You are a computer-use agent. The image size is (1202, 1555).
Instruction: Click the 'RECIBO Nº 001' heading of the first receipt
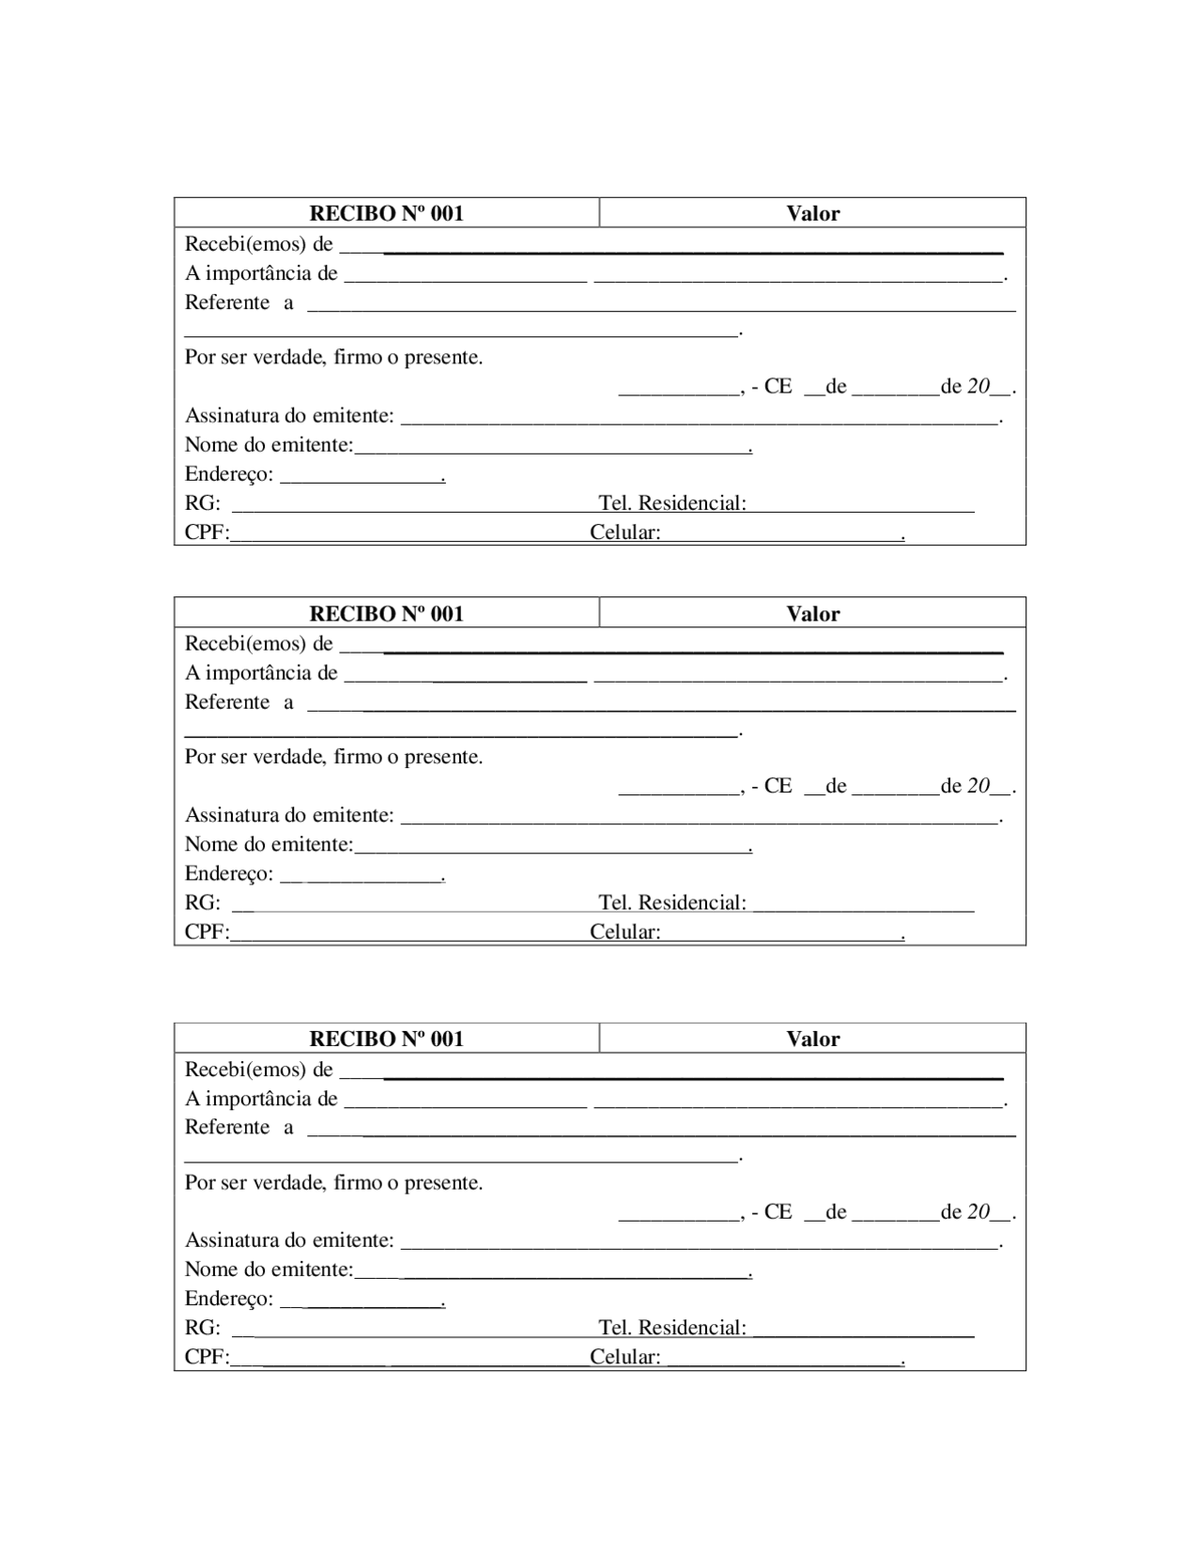pyautogui.click(x=386, y=213)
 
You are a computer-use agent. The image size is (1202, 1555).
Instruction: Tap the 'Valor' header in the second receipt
pyautogui.click(x=813, y=614)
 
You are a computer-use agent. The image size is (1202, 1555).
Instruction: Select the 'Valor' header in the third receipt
pyautogui.click(x=813, y=1039)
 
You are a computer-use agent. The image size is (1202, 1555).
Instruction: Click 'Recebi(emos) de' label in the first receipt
pyautogui.click(x=258, y=244)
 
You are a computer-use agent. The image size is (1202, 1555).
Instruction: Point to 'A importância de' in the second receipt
pyautogui.click(x=261, y=672)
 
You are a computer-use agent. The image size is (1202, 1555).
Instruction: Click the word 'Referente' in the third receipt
pyautogui.click(x=227, y=1127)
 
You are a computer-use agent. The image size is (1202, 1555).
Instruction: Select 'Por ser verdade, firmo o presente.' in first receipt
pyautogui.click(x=333, y=357)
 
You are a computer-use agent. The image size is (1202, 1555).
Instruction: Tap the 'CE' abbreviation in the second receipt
pyautogui.click(x=778, y=786)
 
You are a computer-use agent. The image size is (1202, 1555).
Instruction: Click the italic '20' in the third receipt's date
pyautogui.click(x=979, y=1211)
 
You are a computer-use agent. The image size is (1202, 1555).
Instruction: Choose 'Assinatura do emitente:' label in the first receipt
pyautogui.click(x=289, y=415)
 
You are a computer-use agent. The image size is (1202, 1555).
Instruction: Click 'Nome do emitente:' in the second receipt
pyautogui.click(x=269, y=844)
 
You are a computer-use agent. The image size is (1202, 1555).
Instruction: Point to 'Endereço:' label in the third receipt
pyautogui.click(x=229, y=1299)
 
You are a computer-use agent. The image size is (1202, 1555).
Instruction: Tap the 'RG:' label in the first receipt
pyautogui.click(x=202, y=503)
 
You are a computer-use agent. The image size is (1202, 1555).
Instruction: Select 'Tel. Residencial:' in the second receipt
pyautogui.click(x=672, y=902)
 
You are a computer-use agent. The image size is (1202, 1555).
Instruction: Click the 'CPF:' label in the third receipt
pyautogui.click(x=207, y=1357)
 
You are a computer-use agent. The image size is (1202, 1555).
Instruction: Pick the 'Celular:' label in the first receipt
pyautogui.click(x=625, y=532)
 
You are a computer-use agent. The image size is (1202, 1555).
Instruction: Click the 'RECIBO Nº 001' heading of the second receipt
pyautogui.click(x=386, y=614)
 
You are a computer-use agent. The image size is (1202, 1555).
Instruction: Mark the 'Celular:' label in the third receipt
pyautogui.click(x=625, y=1357)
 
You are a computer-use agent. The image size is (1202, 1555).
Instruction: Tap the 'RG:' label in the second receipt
pyautogui.click(x=202, y=902)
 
